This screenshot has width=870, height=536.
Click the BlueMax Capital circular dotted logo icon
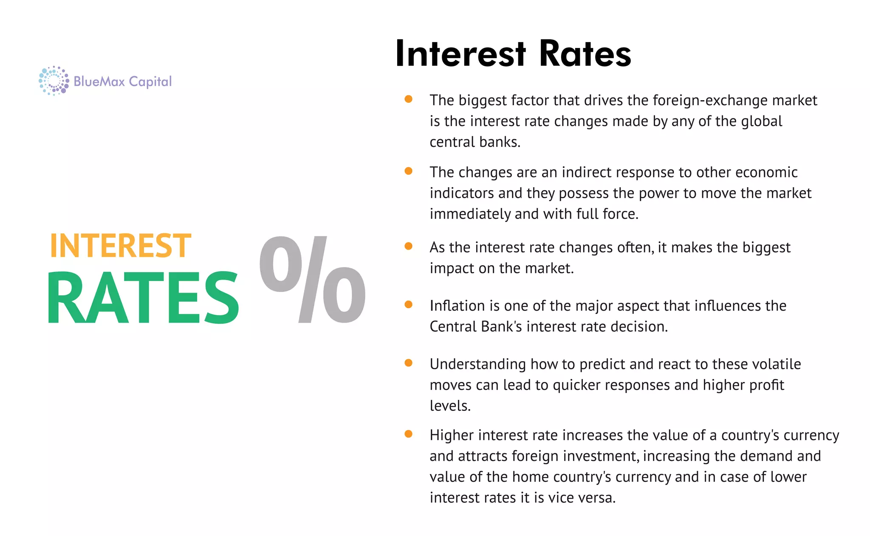click(x=54, y=81)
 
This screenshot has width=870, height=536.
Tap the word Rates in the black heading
click(x=585, y=54)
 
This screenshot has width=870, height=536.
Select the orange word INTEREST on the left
click(x=121, y=246)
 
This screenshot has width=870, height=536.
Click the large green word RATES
click(x=143, y=297)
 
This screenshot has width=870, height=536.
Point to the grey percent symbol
click(x=313, y=280)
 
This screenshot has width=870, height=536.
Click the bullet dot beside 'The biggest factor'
click(x=409, y=99)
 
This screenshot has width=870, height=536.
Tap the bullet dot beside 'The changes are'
click(x=409, y=171)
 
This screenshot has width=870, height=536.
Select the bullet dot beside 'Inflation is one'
click(x=409, y=304)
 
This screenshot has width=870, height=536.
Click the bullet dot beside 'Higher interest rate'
click(x=409, y=434)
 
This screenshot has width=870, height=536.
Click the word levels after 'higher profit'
click(x=449, y=406)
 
